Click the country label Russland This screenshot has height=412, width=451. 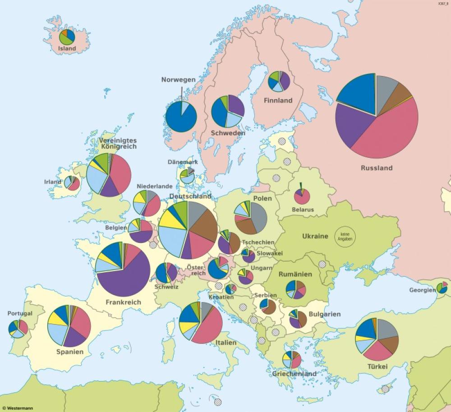[x=377, y=168]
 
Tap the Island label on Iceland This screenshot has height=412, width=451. [x=67, y=48]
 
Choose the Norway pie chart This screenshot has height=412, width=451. [x=181, y=117]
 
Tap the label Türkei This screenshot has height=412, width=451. [x=377, y=367]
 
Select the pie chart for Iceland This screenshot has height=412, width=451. [x=67, y=37]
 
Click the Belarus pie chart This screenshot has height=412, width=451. [x=302, y=196]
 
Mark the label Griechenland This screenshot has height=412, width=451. [x=294, y=374]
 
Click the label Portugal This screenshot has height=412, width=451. [x=20, y=313]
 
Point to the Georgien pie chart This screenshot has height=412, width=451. [x=442, y=287]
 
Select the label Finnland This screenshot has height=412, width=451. [x=278, y=101]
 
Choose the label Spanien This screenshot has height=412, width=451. [x=69, y=352]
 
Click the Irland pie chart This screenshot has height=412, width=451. [x=72, y=183]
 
